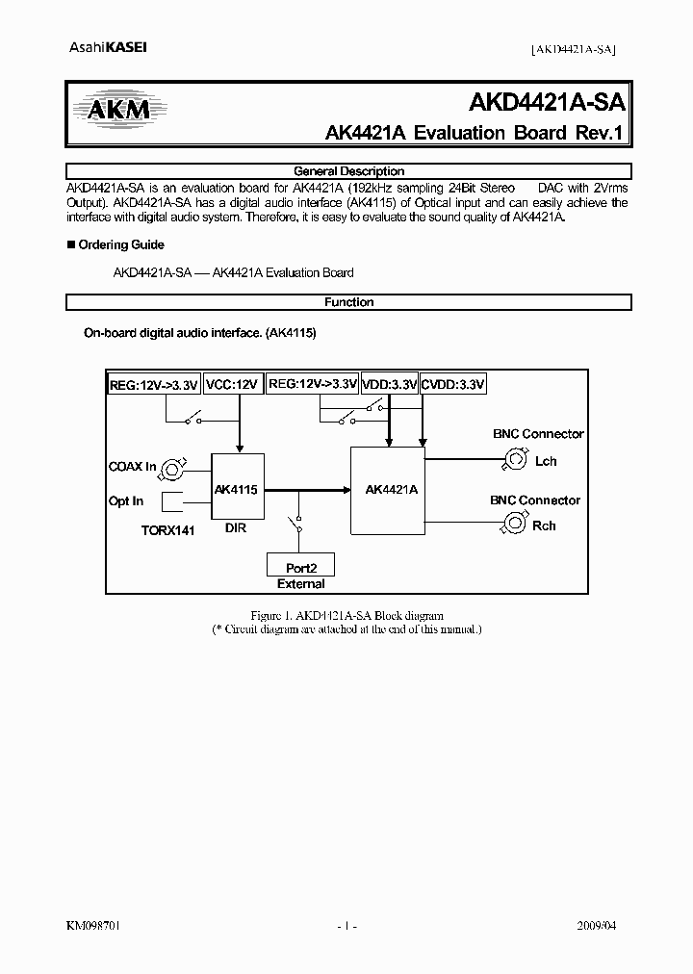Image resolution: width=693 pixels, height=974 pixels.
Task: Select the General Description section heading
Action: coord(348,171)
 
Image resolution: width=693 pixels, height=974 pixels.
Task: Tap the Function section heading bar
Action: coord(348,302)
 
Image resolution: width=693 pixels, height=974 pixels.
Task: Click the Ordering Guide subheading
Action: coord(120,244)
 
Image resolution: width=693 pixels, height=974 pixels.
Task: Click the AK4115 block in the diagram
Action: coord(236,490)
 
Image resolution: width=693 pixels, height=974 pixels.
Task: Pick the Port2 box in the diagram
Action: coord(300,566)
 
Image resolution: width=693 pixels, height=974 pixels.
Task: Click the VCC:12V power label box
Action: coord(232,385)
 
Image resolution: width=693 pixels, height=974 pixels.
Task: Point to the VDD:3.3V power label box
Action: coord(390,385)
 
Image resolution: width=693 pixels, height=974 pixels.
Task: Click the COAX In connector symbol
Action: coord(173,469)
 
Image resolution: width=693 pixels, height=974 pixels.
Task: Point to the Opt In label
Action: coord(126,501)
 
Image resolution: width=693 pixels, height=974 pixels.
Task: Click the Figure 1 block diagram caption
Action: coord(346,615)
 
